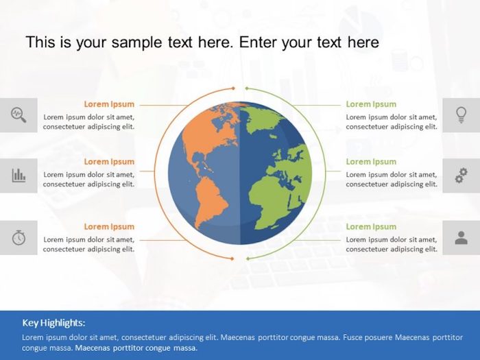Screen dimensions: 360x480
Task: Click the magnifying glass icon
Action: [x=19, y=115]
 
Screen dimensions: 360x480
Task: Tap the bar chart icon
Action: [x=19, y=176]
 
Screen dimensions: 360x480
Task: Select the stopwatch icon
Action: [x=19, y=237]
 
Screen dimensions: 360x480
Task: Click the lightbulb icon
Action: [x=461, y=115]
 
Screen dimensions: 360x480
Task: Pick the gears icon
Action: [x=461, y=176]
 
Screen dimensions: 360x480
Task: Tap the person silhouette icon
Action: [x=461, y=237]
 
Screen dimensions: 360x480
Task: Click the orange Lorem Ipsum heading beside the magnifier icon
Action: [x=109, y=104]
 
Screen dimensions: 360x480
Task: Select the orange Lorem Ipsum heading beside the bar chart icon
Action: [x=109, y=162]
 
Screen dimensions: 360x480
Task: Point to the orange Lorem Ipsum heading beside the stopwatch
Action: [x=109, y=226]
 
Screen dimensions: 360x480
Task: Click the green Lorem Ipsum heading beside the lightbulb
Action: [x=371, y=104]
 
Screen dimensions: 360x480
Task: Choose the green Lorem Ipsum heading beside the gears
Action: [x=371, y=162]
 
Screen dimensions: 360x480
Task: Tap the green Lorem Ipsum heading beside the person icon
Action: [x=371, y=226]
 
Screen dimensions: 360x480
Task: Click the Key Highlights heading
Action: [x=54, y=322]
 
